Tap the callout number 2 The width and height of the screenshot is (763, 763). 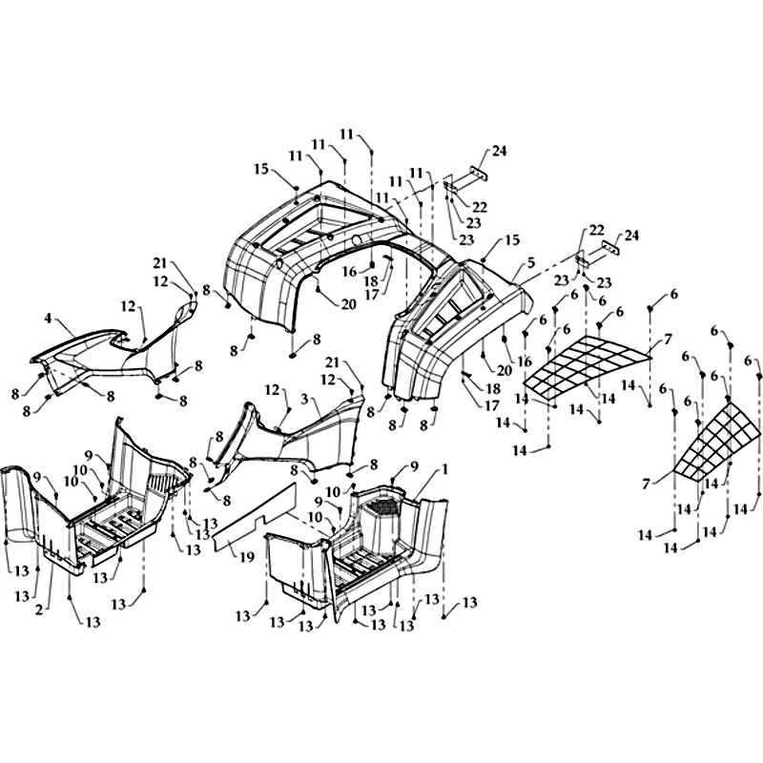click(39, 609)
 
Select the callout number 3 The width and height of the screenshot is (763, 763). click(304, 400)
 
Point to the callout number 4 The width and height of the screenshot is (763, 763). click(48, 319)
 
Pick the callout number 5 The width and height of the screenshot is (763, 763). click(531, 263)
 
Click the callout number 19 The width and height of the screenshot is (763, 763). click(248, 557)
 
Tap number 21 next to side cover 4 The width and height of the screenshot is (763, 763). click(160, 264)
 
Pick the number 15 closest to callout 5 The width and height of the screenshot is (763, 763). click(511, 240)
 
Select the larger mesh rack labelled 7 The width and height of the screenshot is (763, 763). click(588, 367)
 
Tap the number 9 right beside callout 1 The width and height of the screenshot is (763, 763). click(414, 466)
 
